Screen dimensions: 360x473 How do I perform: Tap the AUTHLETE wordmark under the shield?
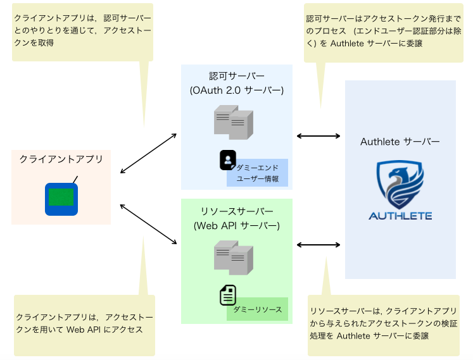pyautogui.click(x=400, y=215)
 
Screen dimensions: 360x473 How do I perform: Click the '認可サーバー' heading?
pyautogui.click(x=237, y=77)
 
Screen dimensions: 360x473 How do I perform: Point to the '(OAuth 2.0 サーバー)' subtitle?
pyautogui.click(x=237, y=90)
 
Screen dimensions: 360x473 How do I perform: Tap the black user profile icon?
pyautogui.click(x=228, y=160)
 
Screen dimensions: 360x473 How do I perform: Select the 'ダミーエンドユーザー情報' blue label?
pyautogui.click(x=257, y=173)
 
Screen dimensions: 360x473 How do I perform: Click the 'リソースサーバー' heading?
pyautogui.click(x=237, y=211)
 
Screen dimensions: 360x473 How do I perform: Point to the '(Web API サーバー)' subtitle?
pyautogui.click(x=237, y=225)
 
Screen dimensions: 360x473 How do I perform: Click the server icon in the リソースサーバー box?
pyautogui.click(x=234, y=259)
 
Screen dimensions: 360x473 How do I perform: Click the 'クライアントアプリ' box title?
pyautogui.click(x=61, y=159)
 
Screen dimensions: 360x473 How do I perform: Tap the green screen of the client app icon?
pyautogui.click(x=61, y=197)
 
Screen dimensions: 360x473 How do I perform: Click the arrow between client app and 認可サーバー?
pyautogui.click(x=148, y=153)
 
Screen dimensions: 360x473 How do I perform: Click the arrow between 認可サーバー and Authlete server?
pyautogui.click(x=319, y=135)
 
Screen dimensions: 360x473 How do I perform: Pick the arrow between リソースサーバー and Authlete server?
pyautogui.click(x=319, y=244)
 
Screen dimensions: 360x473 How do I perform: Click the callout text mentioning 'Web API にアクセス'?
pyautogui.click(x=84, y=323)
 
